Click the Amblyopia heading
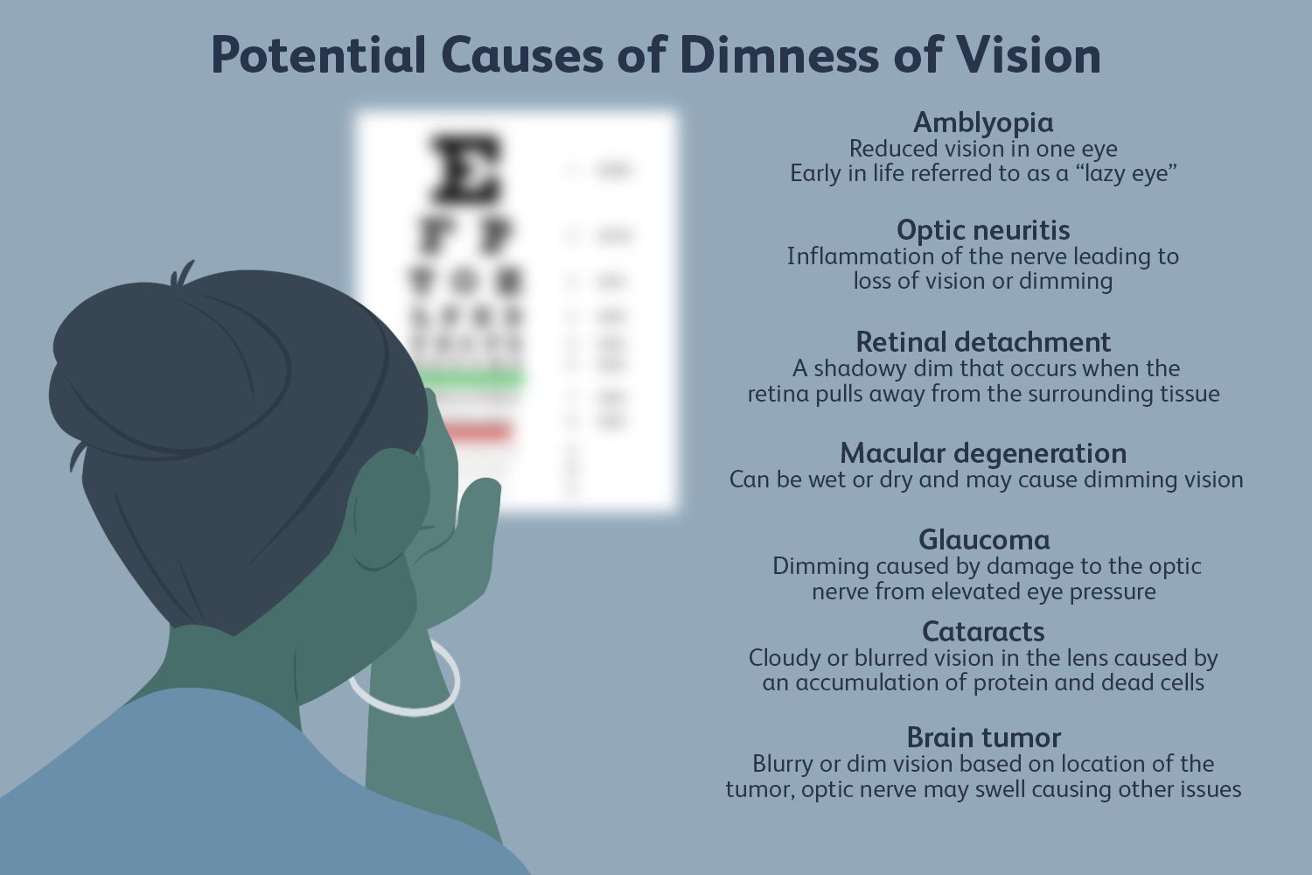tap(983, 122)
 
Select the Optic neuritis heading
tap(983, 230)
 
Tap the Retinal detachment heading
tap(983, 341)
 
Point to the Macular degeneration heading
tap(983, 453)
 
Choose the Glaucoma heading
tap(983, 539)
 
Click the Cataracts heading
tap(983, 632)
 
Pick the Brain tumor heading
tap(983, 738)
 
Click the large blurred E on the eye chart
tap(466, 167)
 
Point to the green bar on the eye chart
tap(473, 379)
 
